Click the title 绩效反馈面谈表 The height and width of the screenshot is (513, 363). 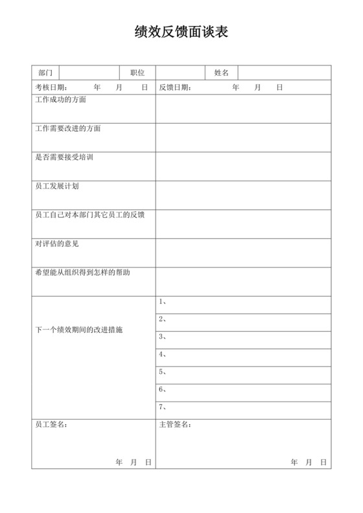pos(181,32)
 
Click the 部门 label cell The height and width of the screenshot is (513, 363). pos(45,73)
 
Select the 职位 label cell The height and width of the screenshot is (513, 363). pos(137,73)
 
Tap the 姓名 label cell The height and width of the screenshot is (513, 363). pos(222,73)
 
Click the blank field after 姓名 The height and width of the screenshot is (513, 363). pos(285,73)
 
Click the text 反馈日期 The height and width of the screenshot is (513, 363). pos(175,87)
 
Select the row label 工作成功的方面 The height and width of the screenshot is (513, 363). pos(60,100)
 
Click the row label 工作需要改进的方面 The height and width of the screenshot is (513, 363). pos(67,128)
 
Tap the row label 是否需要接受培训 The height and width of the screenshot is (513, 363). pos(64,157)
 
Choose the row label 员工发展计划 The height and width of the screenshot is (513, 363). pos(56,186)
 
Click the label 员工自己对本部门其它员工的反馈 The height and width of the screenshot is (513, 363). pos(89,214)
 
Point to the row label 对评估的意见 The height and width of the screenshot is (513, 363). pos(56,244)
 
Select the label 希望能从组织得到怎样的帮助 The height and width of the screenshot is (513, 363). pos(82,272)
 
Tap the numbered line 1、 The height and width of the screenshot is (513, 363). pos(163,302)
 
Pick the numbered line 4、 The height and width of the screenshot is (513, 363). pos(163,354)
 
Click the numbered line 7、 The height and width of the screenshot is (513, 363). pos(163,407)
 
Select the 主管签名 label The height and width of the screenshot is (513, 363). pos(175,425)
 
